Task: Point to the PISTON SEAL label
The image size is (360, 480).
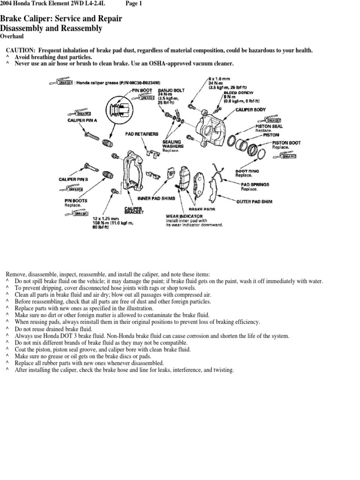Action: coord(269,126)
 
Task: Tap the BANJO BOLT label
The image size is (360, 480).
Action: coord(172,90)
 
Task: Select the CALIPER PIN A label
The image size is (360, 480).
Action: coord(82,120)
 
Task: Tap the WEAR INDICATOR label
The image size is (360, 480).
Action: coord(184,216)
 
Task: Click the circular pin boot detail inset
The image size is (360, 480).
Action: coord(115,111)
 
